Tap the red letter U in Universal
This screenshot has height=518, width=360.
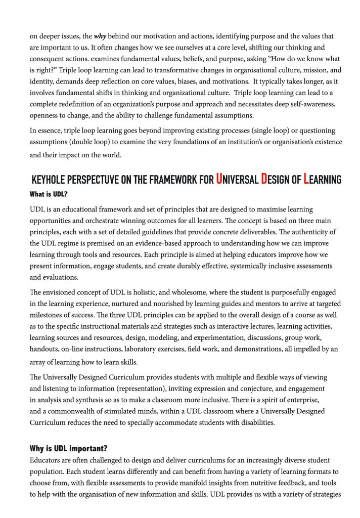[219, 179]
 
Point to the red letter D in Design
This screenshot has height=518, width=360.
[264, 179]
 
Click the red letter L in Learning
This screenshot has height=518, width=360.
[306, 179]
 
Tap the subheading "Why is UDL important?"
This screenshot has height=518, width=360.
[69, 449]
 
